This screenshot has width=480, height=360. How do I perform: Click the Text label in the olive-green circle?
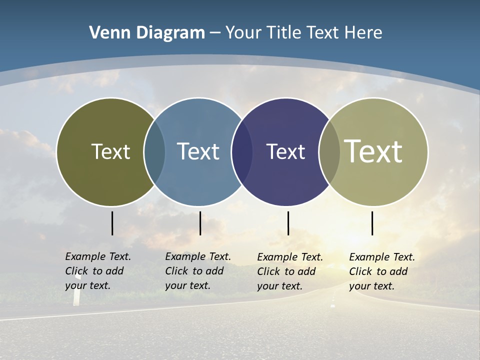110,151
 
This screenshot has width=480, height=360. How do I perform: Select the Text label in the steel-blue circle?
198,151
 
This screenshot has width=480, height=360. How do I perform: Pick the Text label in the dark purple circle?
285,151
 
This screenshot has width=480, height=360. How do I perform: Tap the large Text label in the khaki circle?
373,151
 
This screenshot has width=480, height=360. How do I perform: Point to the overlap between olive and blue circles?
154,152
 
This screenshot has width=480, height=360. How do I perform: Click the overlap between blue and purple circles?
242,152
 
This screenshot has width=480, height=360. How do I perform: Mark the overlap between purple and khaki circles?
329,152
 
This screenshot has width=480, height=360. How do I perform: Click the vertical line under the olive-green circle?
112,223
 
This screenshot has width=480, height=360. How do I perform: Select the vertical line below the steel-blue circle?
200,223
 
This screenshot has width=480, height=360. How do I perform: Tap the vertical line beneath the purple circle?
288,223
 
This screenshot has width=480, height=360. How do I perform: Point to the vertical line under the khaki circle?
372,223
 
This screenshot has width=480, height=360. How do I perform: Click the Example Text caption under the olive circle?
97,271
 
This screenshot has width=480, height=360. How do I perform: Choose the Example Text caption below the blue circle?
197,271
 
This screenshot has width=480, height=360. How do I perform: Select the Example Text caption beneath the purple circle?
289,271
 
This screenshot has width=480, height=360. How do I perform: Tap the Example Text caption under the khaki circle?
381,271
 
